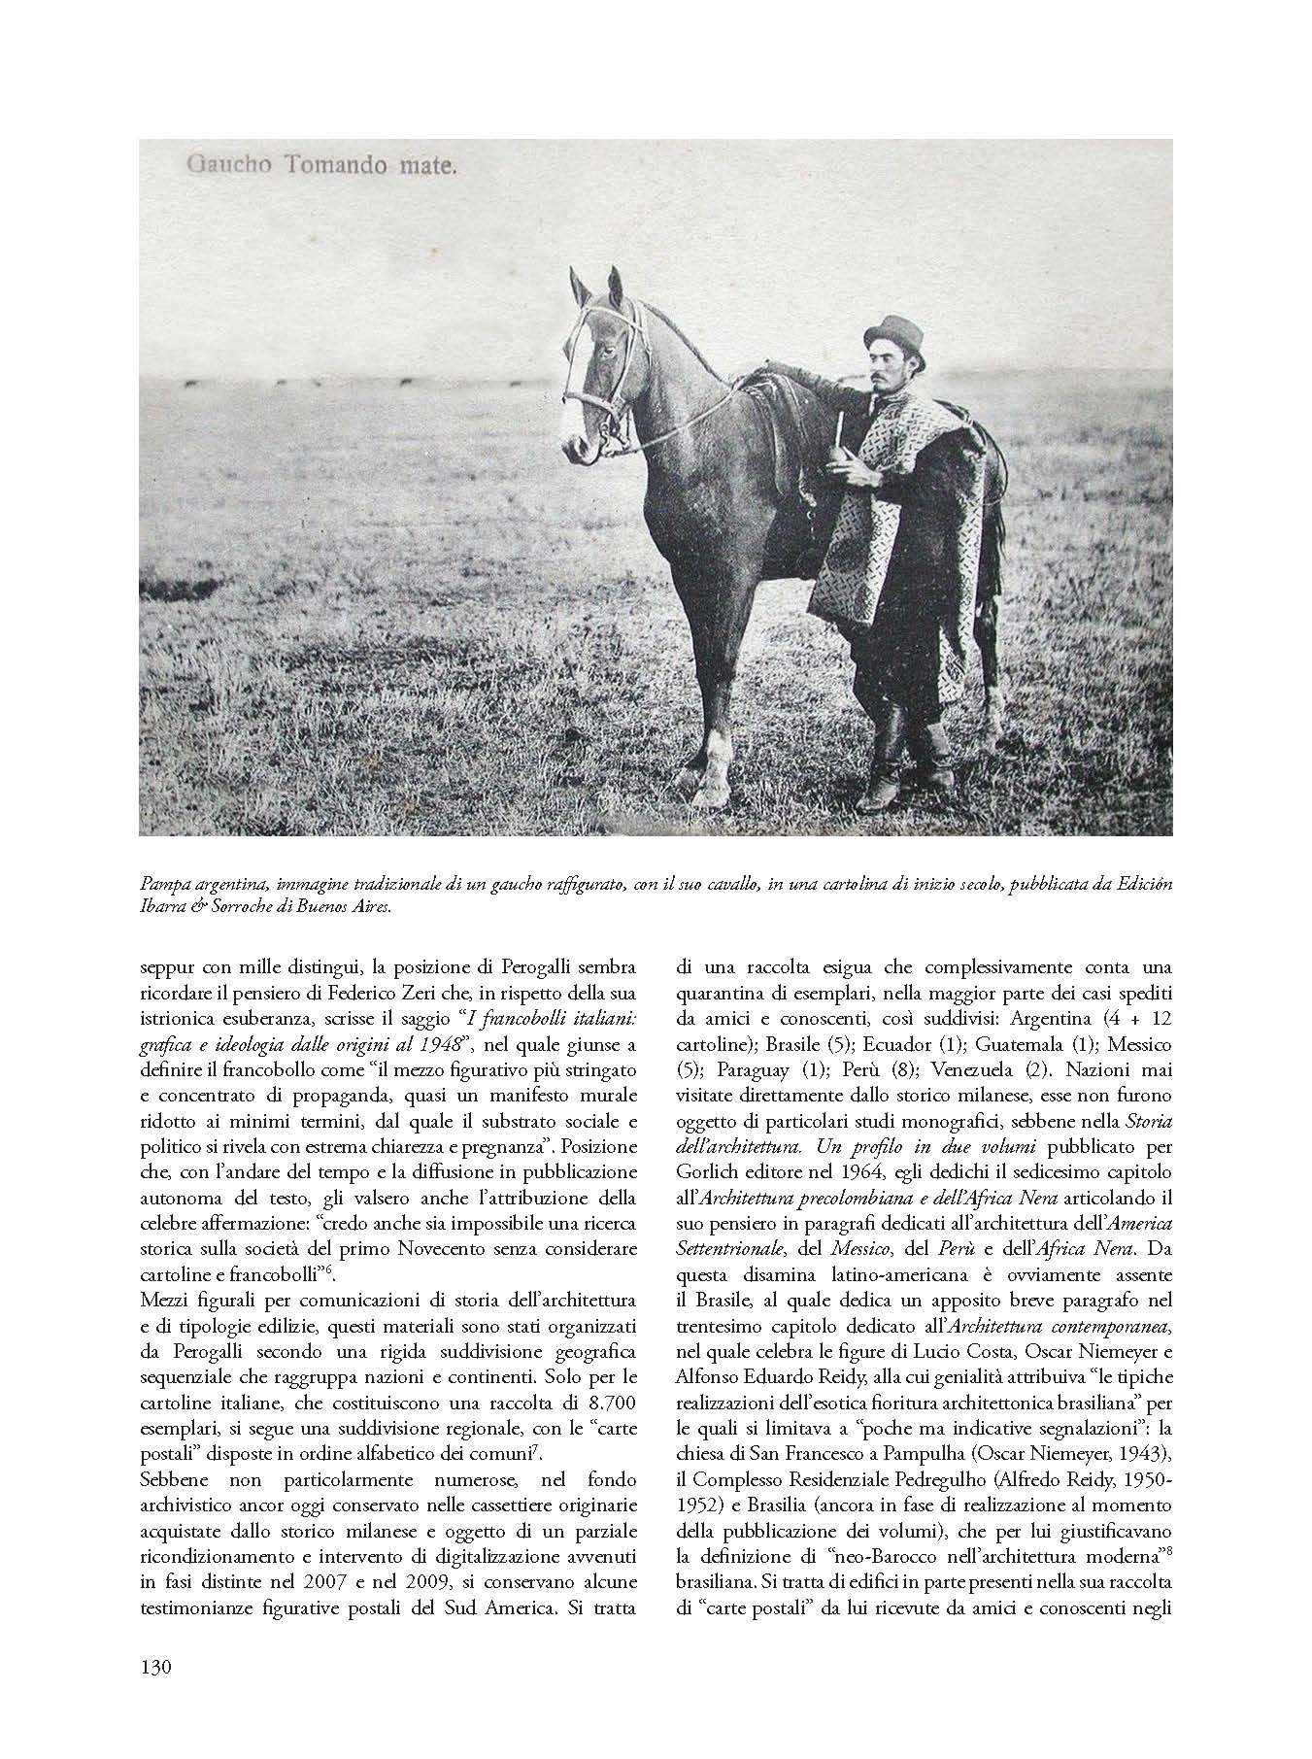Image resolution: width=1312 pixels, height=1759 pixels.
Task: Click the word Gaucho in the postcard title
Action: click(222, 167)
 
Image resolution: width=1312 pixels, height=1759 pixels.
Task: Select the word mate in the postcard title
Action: click(423, 167)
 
